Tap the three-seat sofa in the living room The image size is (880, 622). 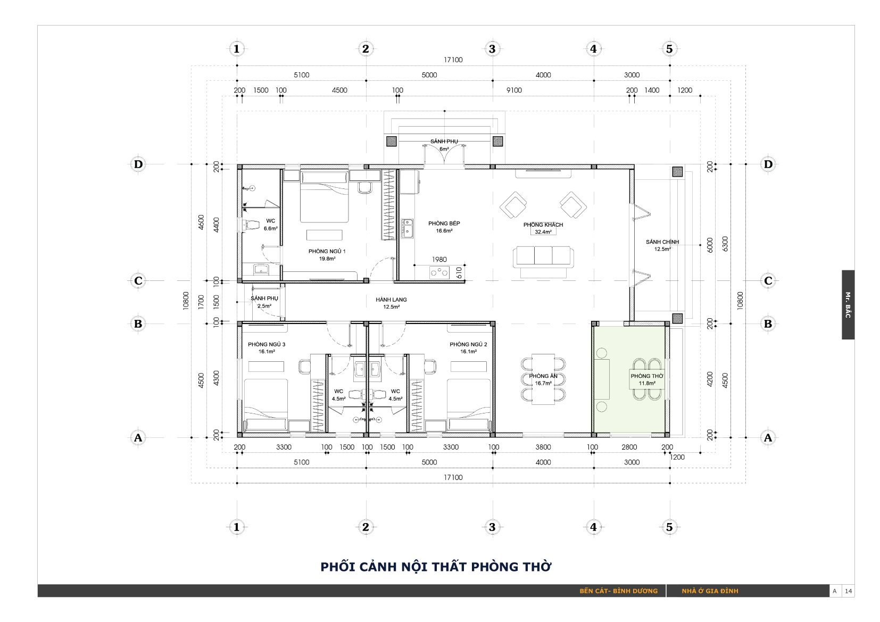pos(543,259)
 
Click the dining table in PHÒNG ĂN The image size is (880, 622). pos(543,379)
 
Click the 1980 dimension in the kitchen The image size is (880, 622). pos(439,259)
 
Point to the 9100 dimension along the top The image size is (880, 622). pos(514,90)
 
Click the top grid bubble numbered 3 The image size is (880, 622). pos(492,49)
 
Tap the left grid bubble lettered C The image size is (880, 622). pos(138,280)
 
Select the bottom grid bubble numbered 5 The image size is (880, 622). pos(669,527)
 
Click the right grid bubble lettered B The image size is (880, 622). pos(768,324)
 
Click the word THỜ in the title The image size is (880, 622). pos(537,567)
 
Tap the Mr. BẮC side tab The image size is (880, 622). pos(848,304)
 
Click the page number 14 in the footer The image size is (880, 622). pos(848,591)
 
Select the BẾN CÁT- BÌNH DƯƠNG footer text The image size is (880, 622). pos(618,591)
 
